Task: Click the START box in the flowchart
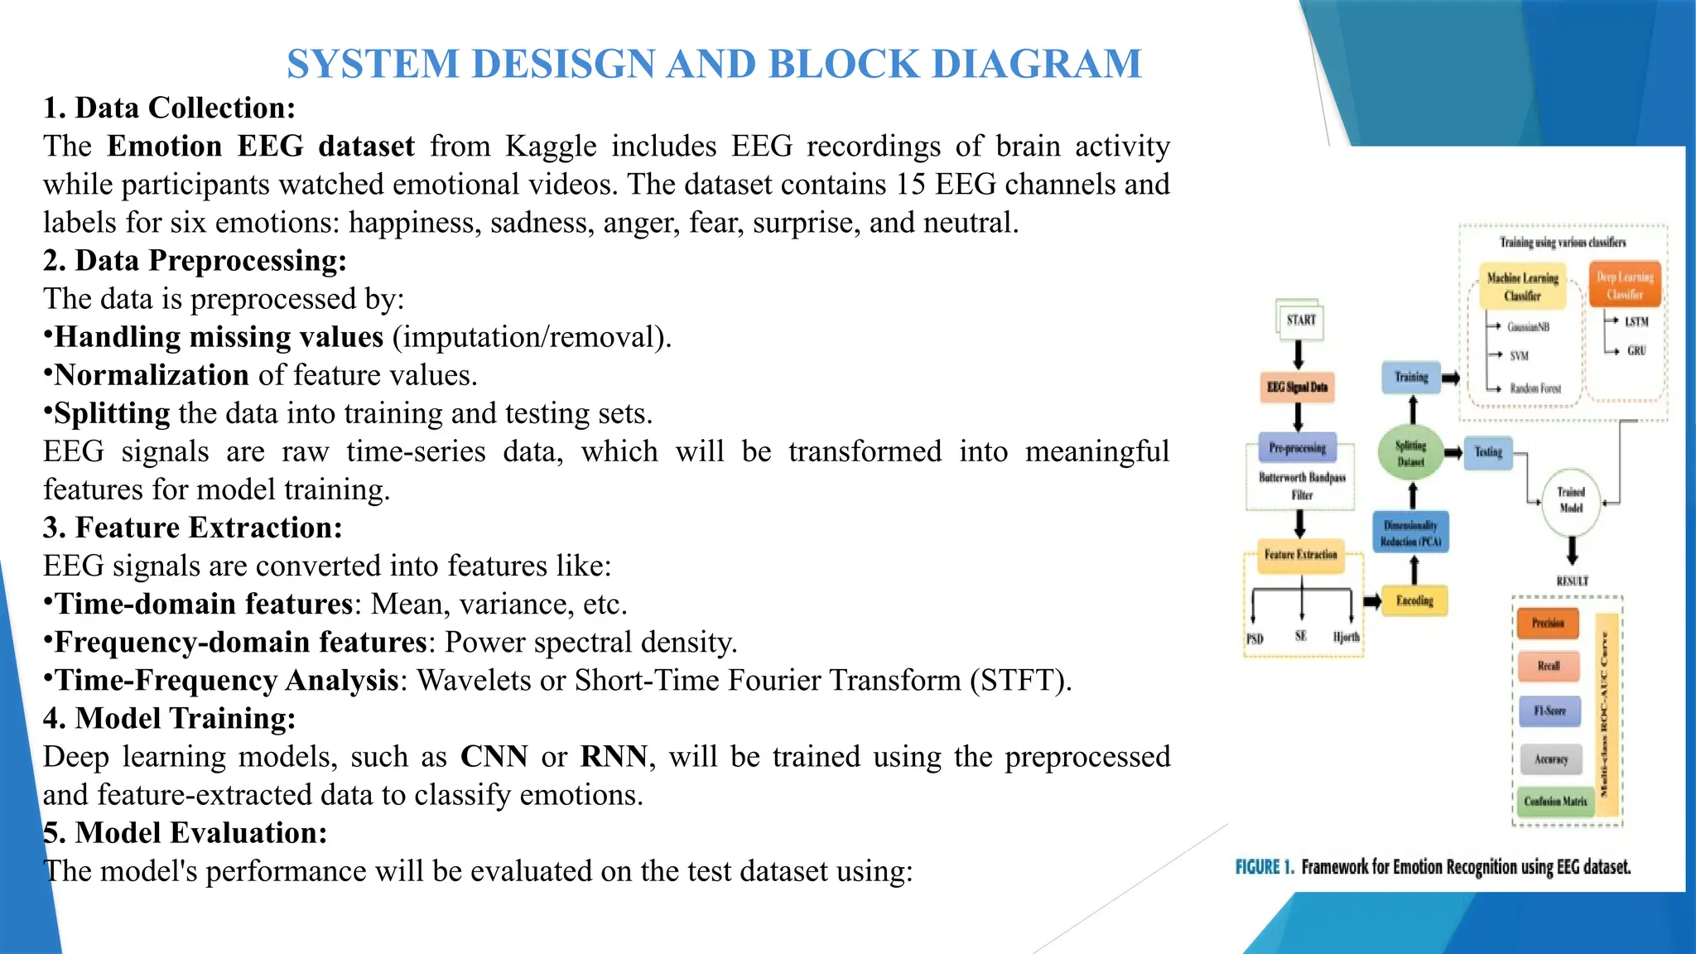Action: coord(1300,320)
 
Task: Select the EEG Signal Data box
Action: coord(1297,387)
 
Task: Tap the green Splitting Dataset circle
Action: coord(1410,453)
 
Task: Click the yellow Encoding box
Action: coord(1414,600)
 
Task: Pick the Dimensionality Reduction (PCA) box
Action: coord(1410,533)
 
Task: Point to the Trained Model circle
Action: coord(1571,500)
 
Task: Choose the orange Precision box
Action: coord(1548,623)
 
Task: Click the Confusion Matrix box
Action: coord(1555,801)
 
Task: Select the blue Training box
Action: coord(1411,377)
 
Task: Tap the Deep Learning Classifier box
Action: coord(1625,285)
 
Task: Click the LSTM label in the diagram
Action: coord(1636,321)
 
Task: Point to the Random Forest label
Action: coord(1535,388)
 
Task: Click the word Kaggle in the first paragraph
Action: coord(551,147)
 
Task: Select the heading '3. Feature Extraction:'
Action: coord(192,528)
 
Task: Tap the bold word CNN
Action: coord(494,756)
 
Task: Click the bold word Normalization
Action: coord(152,375)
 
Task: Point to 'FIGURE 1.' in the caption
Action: coord(1264,867)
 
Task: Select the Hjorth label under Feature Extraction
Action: coord(1346,637)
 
